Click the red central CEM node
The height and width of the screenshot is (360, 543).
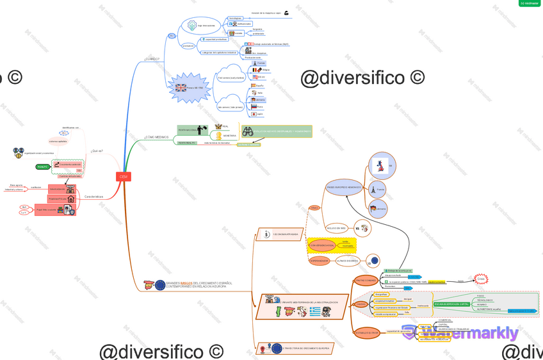124,177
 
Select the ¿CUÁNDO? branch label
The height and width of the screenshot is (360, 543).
152,59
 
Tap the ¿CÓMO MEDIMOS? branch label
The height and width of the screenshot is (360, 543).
156,137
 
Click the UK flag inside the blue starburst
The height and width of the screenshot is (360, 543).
181,88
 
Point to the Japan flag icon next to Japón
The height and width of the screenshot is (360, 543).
254,114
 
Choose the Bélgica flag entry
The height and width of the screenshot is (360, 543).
257,70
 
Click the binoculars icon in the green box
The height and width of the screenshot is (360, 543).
248,131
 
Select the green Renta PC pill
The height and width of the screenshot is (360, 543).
42,167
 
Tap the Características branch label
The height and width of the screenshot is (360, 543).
93,197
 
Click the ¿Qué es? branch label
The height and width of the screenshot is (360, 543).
97,151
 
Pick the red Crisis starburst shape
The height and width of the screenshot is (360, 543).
481,279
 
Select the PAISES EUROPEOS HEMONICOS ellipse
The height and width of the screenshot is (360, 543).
344,188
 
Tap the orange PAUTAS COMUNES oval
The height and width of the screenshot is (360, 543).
366,280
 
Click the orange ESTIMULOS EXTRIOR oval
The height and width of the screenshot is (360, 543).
366,332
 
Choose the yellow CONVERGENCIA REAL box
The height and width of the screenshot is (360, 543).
322,245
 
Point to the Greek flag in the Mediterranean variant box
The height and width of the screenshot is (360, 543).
315,311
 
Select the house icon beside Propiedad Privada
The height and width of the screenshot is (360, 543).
71,199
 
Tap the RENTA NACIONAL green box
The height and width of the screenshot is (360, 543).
188,129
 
